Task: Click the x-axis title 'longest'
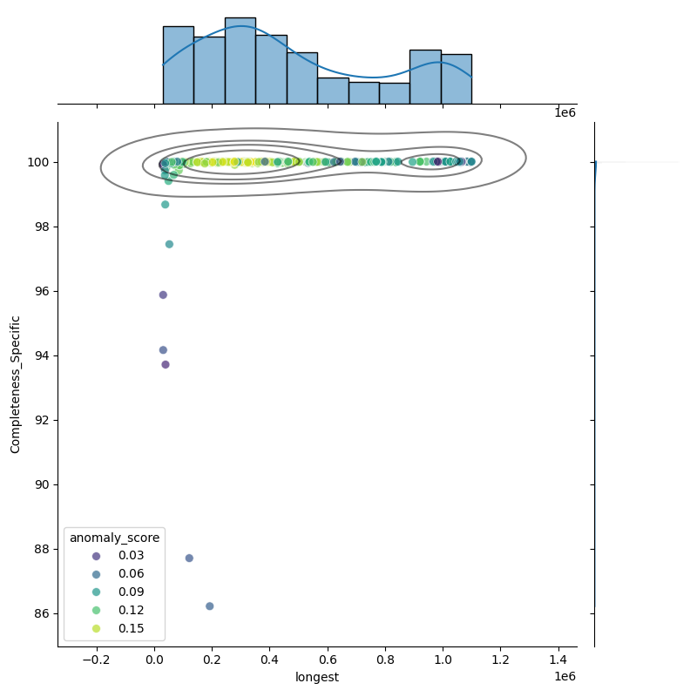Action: click(317, 677)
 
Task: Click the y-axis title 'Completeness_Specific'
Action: click(15, 384)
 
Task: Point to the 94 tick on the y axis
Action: click(41, 355)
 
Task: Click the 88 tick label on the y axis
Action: click(41, 549)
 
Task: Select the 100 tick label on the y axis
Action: click(37, 162)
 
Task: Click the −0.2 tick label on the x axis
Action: click(97, 660)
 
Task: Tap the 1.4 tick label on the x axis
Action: click(558, 660)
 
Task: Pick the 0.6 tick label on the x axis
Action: click(328, 660)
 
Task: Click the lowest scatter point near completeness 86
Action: click(209, 606)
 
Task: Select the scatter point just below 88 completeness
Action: click(189, 558)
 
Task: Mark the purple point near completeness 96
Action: click(163, 294)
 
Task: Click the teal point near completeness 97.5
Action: click(169, 244)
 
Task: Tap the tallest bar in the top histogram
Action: click(240, 60)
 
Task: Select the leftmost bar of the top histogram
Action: click(178, 64)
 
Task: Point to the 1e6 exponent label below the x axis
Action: click(565, 677)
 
